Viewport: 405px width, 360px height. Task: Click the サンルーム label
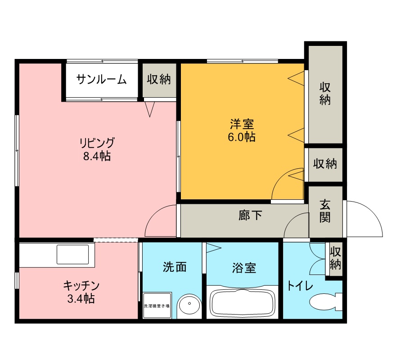pos(102,79)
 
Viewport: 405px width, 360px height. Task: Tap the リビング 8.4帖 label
pos(97,149)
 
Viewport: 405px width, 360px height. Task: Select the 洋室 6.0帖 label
pos(242,130)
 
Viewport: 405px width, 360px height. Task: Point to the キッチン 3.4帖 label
pos(81,292)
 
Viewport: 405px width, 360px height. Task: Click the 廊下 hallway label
pos(250,215)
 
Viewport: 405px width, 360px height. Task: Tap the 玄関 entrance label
pos(325,211)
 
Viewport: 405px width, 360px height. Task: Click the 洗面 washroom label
pos(175,267)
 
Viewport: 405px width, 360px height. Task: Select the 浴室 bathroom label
pos(244,268)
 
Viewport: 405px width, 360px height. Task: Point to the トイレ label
pos(300,286)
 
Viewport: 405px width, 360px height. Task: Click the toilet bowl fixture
pos(325,302)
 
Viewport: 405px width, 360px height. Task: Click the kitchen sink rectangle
pos(72,254)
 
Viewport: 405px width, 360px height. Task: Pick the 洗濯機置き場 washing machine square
pos(157,306)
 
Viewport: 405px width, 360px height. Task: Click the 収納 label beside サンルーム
pos(159,79)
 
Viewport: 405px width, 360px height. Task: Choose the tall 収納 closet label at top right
pos(325,93)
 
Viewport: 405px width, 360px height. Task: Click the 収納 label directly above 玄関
pos(325,163)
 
